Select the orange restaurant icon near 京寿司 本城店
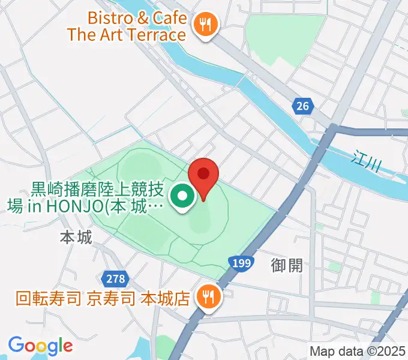pos(209,296)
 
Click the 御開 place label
pos(287,265)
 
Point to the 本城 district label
pos(76,238)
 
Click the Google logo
pos(40,346)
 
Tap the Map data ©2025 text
pos(358,351)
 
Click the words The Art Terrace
pos(127,34)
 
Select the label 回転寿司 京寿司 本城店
pos(103,297)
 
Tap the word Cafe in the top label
pos(169,17)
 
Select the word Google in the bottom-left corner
pos(40,346)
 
